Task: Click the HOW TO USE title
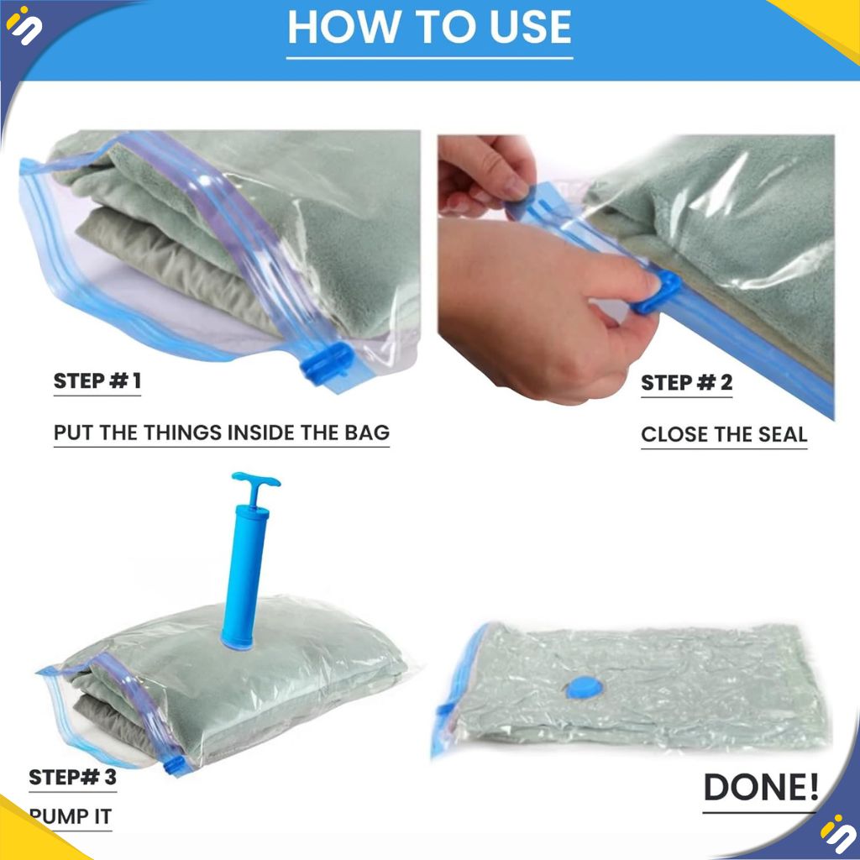(429, 27)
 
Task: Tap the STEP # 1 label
(97, 380)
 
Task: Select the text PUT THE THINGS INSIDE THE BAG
(222, 433)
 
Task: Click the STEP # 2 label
(687, 382)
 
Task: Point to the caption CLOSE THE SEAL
(724, 434)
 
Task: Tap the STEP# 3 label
(72, 777)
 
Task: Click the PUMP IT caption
(71, 816)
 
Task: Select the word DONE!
(761, 787)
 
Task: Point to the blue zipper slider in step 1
(327, 363)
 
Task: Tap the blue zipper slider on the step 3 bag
(175, 764)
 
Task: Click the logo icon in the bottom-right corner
(836, 834)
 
